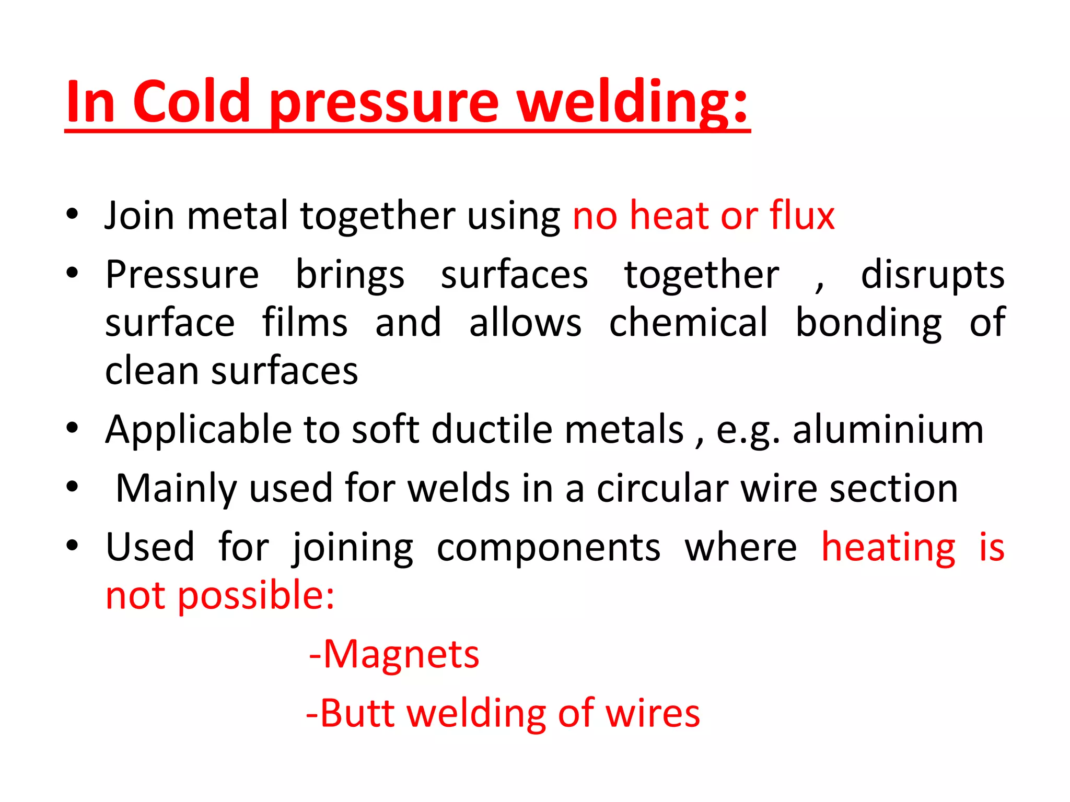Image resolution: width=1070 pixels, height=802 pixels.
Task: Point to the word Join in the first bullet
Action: tap(139, 215)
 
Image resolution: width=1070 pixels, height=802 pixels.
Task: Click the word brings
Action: tap(350, 275)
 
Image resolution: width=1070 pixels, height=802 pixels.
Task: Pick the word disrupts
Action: tap(933, 275)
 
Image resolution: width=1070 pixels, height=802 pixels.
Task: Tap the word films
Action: tap(305, 323)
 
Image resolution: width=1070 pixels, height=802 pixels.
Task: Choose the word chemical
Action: tap(689, 323)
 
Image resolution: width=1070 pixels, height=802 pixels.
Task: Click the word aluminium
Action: tap(888, 430)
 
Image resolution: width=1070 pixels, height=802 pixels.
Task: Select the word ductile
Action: tap(492, 430)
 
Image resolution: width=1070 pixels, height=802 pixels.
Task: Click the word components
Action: tap(549, 548)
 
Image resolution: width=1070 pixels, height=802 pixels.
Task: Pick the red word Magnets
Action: tap(401, 654)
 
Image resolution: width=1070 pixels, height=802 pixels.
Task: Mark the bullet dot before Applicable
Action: tap(72, 429)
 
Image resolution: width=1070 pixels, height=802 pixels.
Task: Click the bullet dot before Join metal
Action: tap(72, 214)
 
